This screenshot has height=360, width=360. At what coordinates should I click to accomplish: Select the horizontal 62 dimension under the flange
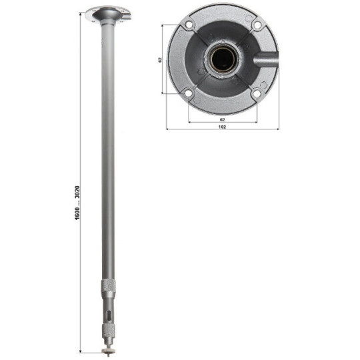(222, 118)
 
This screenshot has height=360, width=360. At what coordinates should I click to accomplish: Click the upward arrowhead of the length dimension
(81, 14)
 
